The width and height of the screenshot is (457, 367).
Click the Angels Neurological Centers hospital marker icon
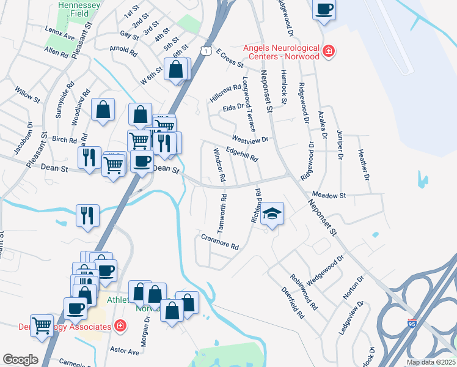(329, 51)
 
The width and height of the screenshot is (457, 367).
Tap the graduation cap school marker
(272, 213)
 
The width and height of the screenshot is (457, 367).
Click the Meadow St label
(329, 195)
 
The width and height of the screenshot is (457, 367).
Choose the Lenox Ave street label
(59, 32)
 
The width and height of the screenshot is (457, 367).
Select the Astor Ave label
(125, 351)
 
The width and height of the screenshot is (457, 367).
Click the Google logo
(20, 360)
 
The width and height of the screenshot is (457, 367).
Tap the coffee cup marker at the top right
(324, 9)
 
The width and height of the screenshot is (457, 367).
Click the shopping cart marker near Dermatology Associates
(42, 325)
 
